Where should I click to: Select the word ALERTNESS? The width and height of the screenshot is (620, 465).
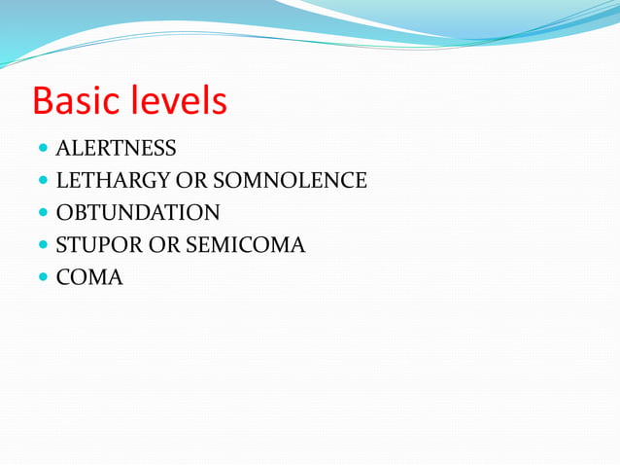117,149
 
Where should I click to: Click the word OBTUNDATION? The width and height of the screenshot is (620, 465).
138,213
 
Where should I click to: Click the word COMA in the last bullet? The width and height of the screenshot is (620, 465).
89,277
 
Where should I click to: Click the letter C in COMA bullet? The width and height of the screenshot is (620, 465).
63,277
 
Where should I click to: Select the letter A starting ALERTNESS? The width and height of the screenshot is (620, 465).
63,149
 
